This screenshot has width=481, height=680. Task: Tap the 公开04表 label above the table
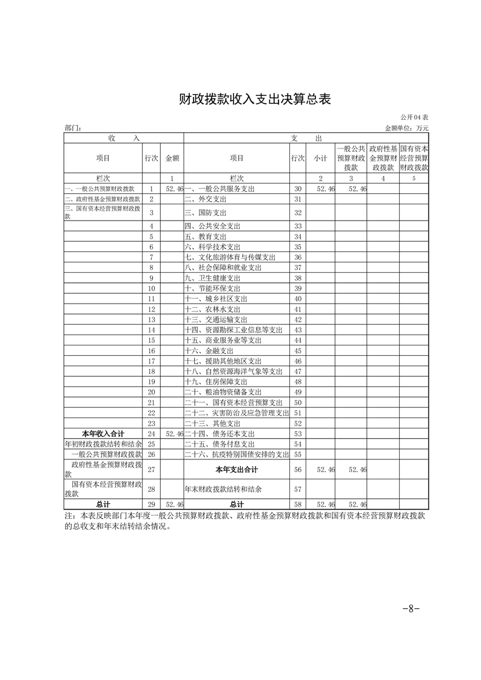pos(415,117)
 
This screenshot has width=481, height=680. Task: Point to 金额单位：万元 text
pos(406,128)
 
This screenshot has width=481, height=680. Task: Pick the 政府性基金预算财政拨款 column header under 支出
pos(383,158)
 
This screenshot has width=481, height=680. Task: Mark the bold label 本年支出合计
pos(237,470)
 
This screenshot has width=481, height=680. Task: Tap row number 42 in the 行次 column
pos(297,319)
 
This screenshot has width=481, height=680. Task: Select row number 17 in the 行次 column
pos(152,361)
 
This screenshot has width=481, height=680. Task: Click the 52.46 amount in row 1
pos(174,190)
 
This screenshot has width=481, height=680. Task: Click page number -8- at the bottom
pos(411,609)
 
